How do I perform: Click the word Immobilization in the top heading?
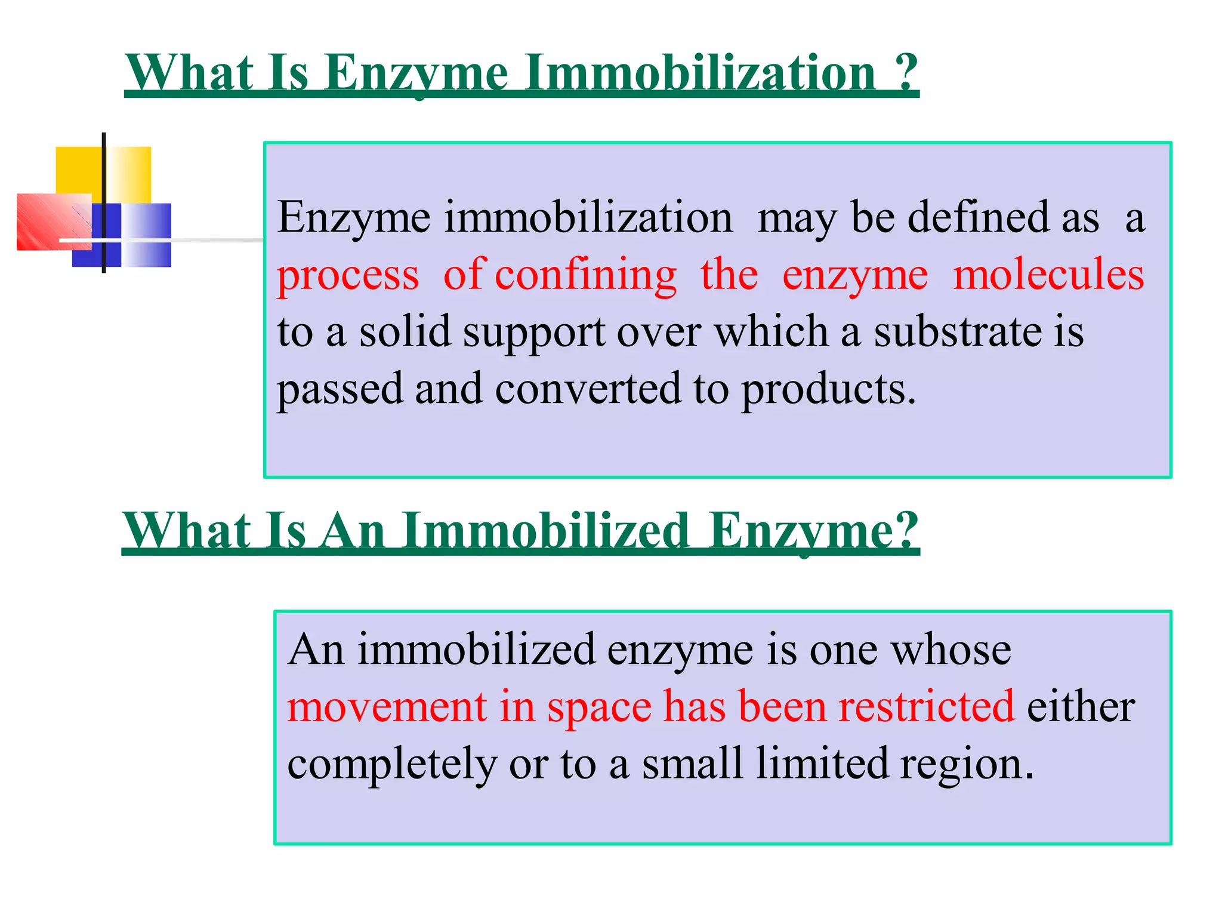click(x=702, y=73)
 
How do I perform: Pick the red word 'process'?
click(x=348, y=276)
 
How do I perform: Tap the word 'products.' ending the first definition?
click(x=828, y=389)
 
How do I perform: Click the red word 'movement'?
click(x=387, y=707)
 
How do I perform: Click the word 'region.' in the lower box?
click(x=967, y=764)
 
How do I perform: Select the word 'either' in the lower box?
click(x=1081, y=707)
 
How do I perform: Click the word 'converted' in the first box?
click(x=588, y=389)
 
